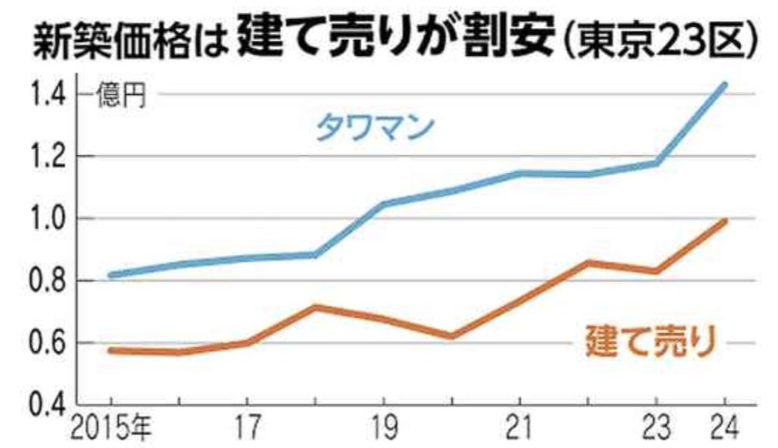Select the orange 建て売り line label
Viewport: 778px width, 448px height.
[x=649, y=342]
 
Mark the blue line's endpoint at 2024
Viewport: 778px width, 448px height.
[x=724, y=84]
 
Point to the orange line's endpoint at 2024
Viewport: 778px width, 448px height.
[x=724, y=221]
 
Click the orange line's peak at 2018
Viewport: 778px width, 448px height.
[x=315, y=307]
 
